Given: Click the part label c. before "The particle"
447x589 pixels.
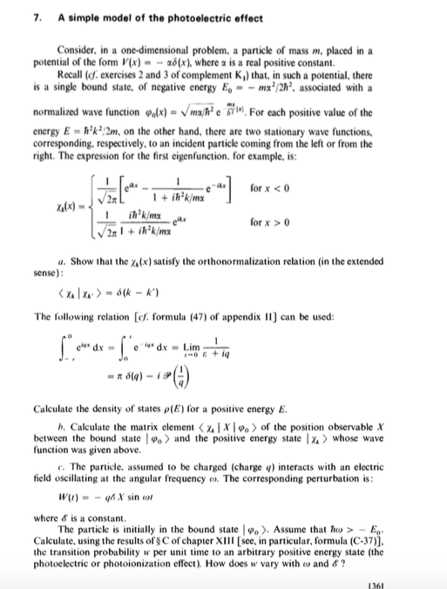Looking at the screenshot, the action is pos(58,445).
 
